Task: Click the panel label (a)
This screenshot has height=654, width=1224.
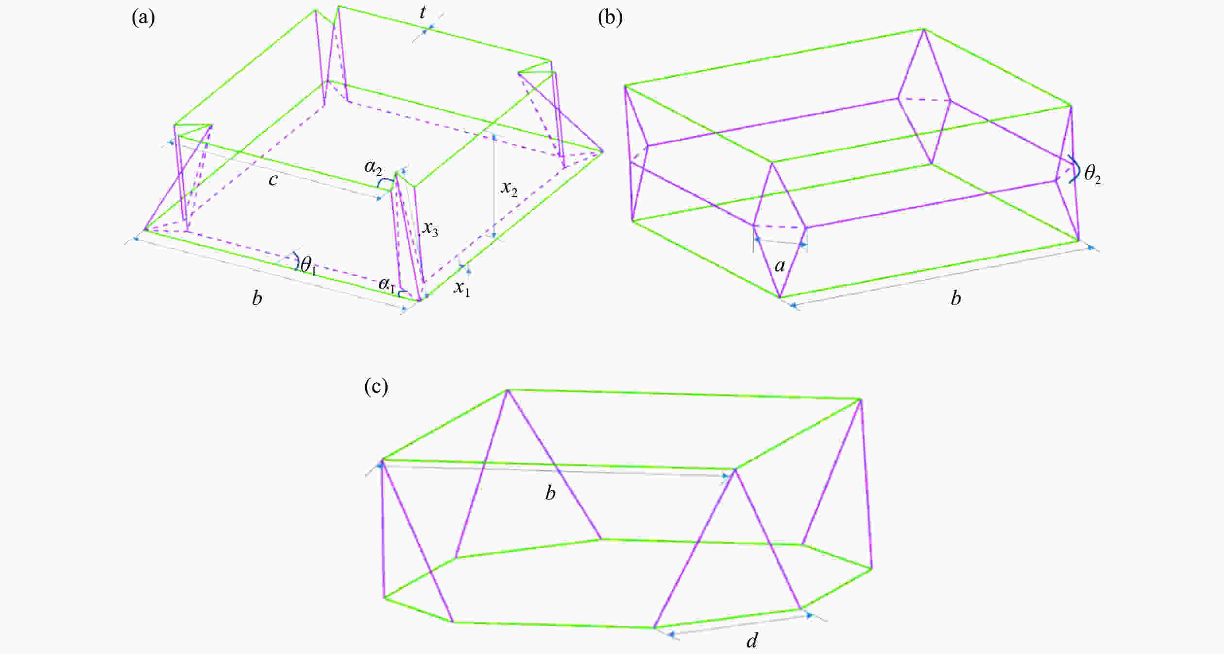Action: [143, 18]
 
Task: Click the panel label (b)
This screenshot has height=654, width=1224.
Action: [610, 18]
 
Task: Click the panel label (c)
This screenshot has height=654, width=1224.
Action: [376, 387]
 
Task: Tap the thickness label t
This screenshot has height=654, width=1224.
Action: [423, 13]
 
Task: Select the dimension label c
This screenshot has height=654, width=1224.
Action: [273, 180]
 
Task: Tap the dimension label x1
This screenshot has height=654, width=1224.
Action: [462, 288]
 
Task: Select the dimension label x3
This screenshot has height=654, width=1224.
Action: [430, 228]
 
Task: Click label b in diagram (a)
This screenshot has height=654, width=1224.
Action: [257, 298]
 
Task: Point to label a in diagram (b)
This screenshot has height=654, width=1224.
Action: [780, 266]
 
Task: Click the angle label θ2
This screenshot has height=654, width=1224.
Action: [1093, 175]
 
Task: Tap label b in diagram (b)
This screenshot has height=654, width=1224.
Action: [956, 298]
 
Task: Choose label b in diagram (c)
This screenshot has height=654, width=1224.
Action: [550, 493]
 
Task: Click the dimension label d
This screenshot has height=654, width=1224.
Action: [752, 641]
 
